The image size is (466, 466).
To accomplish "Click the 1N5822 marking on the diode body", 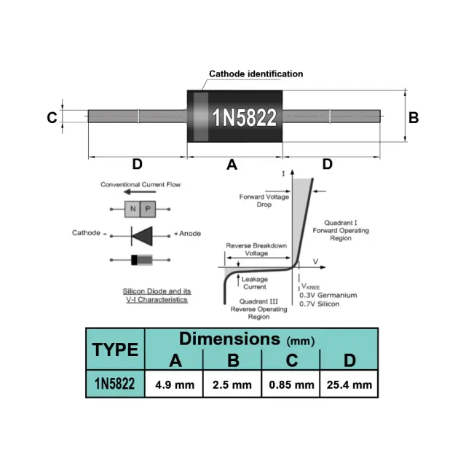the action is [x=245, y=117].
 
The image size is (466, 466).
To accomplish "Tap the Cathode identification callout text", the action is [x=256, y=74].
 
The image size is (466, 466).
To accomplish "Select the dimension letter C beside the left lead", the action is [x=52, y=118].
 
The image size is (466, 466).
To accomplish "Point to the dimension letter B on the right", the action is [x=414, y=118].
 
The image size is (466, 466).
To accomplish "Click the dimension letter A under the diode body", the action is [x=232, y=165].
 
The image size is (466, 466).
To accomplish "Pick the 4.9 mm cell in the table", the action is [x=174, y=384].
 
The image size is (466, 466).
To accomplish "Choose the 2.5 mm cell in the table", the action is [x=232, y=384].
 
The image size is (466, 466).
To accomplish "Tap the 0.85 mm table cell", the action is [x=291, y=384].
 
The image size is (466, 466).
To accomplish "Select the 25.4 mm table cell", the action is [x=349, y=384].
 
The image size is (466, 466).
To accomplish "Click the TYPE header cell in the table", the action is [x=115, y=349].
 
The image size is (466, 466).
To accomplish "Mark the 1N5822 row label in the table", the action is [x=115, y=384].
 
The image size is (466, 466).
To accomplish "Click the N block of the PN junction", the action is [x=133, y=209].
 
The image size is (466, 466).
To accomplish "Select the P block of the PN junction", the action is [x=148, y=209].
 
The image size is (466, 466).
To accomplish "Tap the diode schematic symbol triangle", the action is [x=142, y=236].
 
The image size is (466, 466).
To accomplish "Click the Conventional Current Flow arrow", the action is [x=140, y=191].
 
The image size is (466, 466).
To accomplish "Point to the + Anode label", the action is [x=187, y=234].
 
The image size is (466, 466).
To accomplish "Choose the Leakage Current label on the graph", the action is [x=255, y=283].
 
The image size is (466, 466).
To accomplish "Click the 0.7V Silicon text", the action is [x=319, y=304].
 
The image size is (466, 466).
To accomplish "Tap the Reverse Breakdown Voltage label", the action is [x=256, y=249].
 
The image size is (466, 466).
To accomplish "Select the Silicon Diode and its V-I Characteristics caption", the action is [x=157, y=296].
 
